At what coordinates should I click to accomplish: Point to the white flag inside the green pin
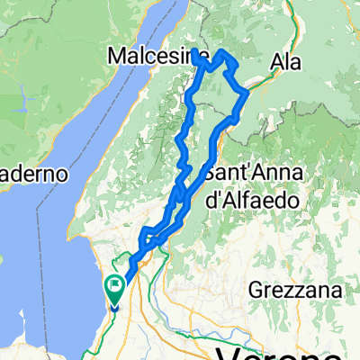pyautogui.click(x=115, y=287)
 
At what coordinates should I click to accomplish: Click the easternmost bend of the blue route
pyautogui.click(x=247, y=94)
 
